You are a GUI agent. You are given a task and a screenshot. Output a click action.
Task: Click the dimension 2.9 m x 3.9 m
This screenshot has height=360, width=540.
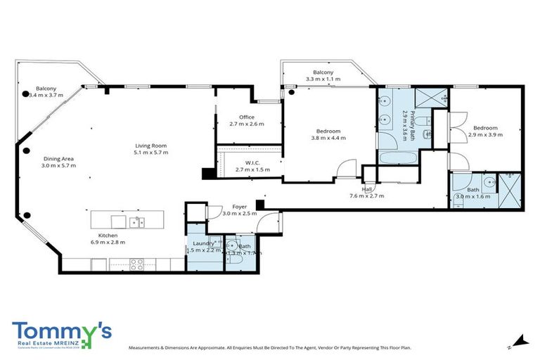[486, 134]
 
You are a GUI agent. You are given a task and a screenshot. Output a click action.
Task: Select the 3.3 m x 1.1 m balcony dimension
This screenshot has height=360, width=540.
[323, 79]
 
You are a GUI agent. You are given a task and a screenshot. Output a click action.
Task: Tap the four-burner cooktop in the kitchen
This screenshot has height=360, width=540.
[136, 265]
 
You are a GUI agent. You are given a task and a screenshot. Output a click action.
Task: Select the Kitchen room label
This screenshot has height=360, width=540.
[108, 236]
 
